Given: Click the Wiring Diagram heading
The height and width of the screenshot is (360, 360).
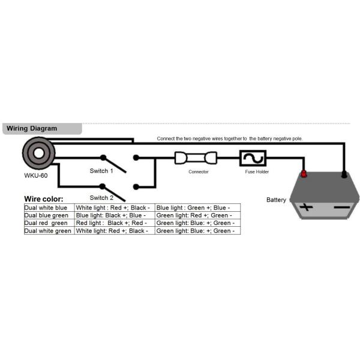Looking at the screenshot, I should pos(31,128).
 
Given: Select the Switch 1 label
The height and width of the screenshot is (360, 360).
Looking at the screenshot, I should pos(101,171).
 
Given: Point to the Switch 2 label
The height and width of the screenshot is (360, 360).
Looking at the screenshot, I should pos(101,197).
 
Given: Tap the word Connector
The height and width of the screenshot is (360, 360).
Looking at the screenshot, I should pos(198,172).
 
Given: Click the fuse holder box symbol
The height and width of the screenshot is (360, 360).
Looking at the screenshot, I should pos(253,158).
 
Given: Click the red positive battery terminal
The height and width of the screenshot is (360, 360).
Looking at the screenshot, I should pos(303,174).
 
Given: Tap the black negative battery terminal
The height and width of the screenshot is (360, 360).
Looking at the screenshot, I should pos(344,175).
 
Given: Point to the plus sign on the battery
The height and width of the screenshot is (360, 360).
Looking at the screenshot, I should pos(307,208).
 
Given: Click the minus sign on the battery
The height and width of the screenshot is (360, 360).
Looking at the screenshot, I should pos(341,208).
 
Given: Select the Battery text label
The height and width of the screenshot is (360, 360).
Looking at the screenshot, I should pos(277,200).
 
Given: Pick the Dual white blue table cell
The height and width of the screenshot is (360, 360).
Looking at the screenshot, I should pos(49,208).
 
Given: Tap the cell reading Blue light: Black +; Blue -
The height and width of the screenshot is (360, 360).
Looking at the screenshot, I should pos(114,215).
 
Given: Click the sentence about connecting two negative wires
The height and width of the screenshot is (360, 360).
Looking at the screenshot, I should pos(230,139).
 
